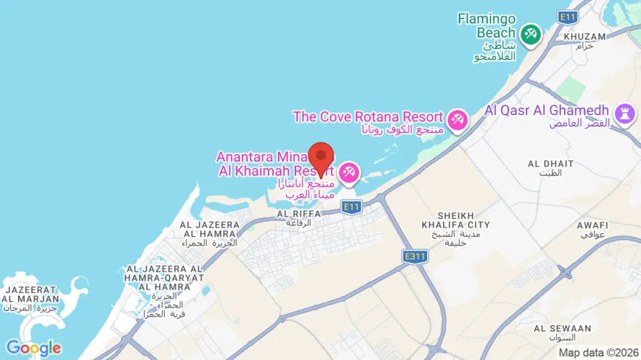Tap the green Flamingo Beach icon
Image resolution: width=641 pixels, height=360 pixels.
pyautogui.click(x=531, y=33)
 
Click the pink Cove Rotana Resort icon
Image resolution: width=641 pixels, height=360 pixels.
pyautogui.click(x=457, y=120)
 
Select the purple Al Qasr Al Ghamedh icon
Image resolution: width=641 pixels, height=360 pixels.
pyautogui.click(x=622, y=112)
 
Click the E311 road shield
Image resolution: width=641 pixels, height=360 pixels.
pyautogui.click(x=416, y=256)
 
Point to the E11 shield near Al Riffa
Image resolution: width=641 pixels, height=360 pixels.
pyautogui.click(x=351, y=207)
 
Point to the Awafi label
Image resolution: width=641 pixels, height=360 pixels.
pyautogui.click(x=592, y=225)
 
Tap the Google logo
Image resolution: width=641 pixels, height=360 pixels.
pyautogui.click(x=33, y=348)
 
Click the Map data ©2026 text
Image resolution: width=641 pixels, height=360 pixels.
pyautogui.click(x=598, y=353)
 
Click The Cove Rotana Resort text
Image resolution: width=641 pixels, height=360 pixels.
pyautogui.click(x=367, y=117)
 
